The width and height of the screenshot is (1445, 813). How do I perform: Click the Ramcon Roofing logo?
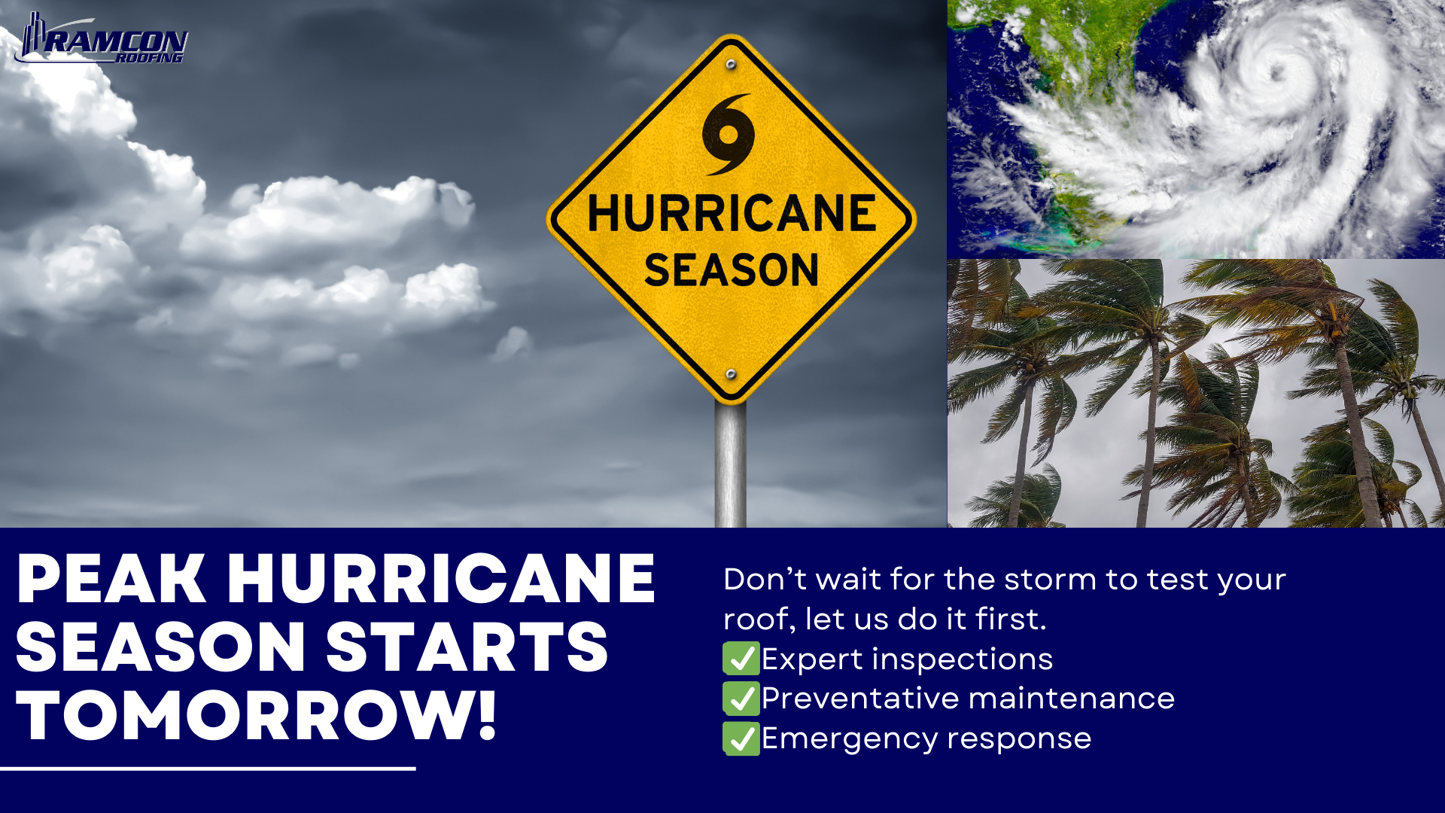tap(102, 39)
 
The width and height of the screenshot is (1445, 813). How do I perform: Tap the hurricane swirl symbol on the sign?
tap(728, 134)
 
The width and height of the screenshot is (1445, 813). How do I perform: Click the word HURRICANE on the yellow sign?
tap(732, 213)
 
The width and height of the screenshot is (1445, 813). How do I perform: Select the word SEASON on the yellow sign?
tap(731, 269)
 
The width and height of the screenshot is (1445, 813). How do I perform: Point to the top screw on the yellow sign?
tap(731, 65)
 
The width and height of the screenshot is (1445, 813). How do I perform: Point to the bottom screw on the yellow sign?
tap(730, 374)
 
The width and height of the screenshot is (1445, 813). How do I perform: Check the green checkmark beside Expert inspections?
tap(741, 659)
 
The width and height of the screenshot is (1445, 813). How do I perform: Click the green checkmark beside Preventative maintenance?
tap(741, 699)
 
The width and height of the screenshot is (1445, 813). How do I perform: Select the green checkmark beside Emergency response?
tap(741, 738)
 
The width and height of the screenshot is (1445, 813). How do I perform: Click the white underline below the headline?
tap(208, 769)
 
